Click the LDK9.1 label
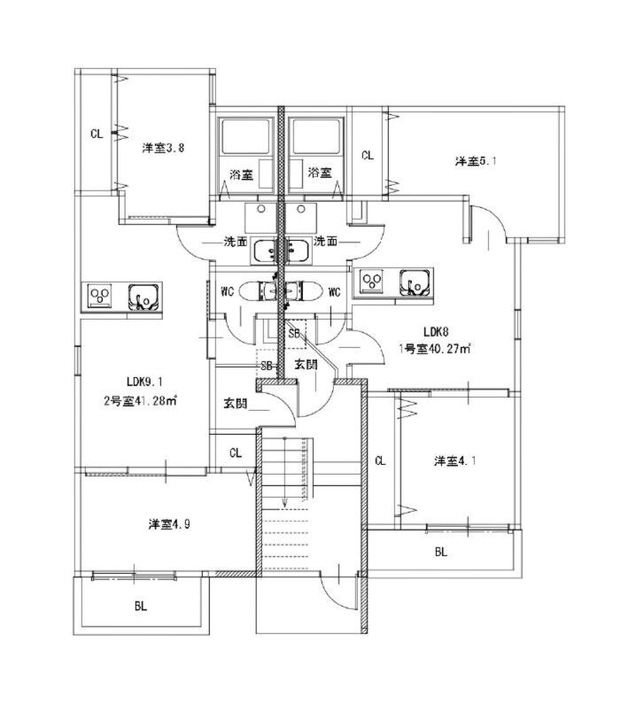coord(145,382)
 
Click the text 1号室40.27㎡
coord(433,348)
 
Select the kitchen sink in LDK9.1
coord(144,296)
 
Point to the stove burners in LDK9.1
coord(99,296)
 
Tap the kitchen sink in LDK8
coord(413,283)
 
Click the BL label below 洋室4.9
coord(140,607)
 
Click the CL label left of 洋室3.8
coord(97,135)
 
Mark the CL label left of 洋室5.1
coord(367,155)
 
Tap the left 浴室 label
coord(241,174)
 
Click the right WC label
coord(334,292)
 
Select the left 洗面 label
coord(236,241)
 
